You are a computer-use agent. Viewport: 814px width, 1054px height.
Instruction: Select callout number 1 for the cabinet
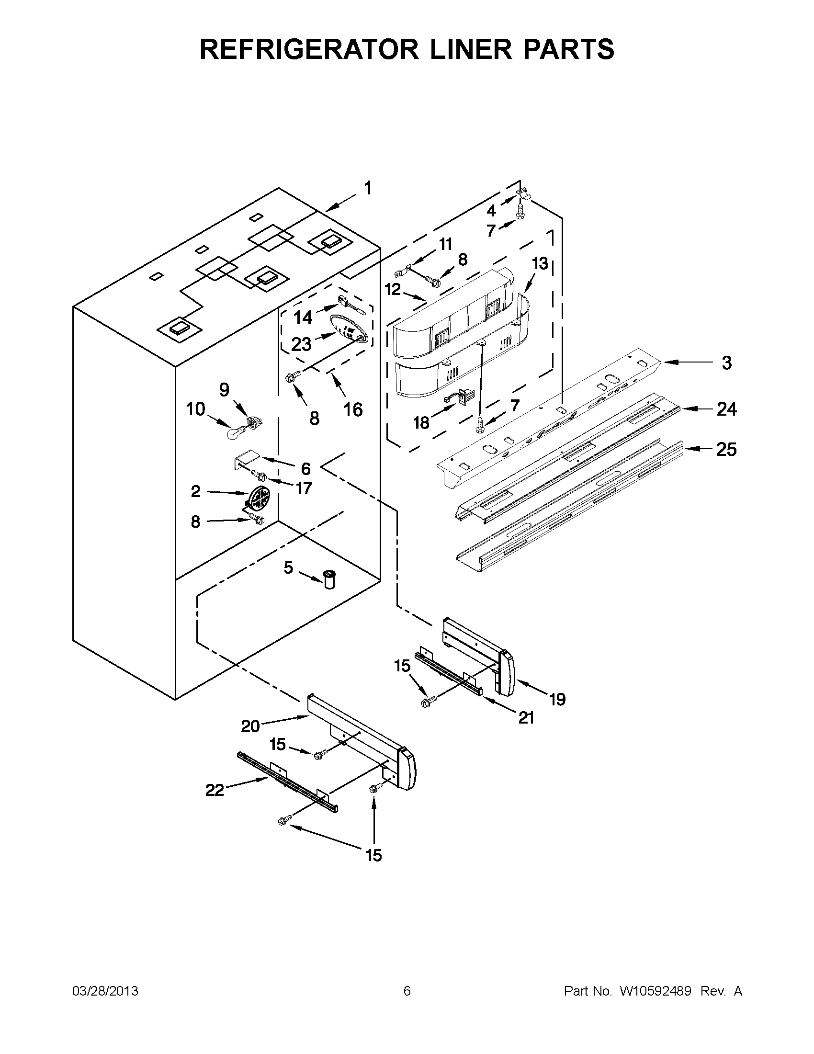[x=368, y=189]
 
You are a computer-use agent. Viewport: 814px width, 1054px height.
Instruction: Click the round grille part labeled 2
[x=259, y=499]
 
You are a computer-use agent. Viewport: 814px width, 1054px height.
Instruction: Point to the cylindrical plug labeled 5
[x=330, y=578]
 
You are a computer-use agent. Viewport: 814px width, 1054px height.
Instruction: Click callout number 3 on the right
[x=726, y=363]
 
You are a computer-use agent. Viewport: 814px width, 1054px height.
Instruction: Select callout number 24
[x=726, y=409]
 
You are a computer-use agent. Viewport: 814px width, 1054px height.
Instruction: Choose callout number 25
[x=726, y=450]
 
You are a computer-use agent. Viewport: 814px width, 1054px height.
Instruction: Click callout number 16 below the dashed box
[x=353, y=410]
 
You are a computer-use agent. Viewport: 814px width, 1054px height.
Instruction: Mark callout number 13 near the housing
[x=540, y=264]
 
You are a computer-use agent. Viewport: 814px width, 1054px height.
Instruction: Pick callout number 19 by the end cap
[x=557, y=699]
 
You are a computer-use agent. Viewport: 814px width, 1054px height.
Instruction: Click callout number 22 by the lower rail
[x=215, y=790]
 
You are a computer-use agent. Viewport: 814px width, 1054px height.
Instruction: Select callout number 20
[x=250, y=726]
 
